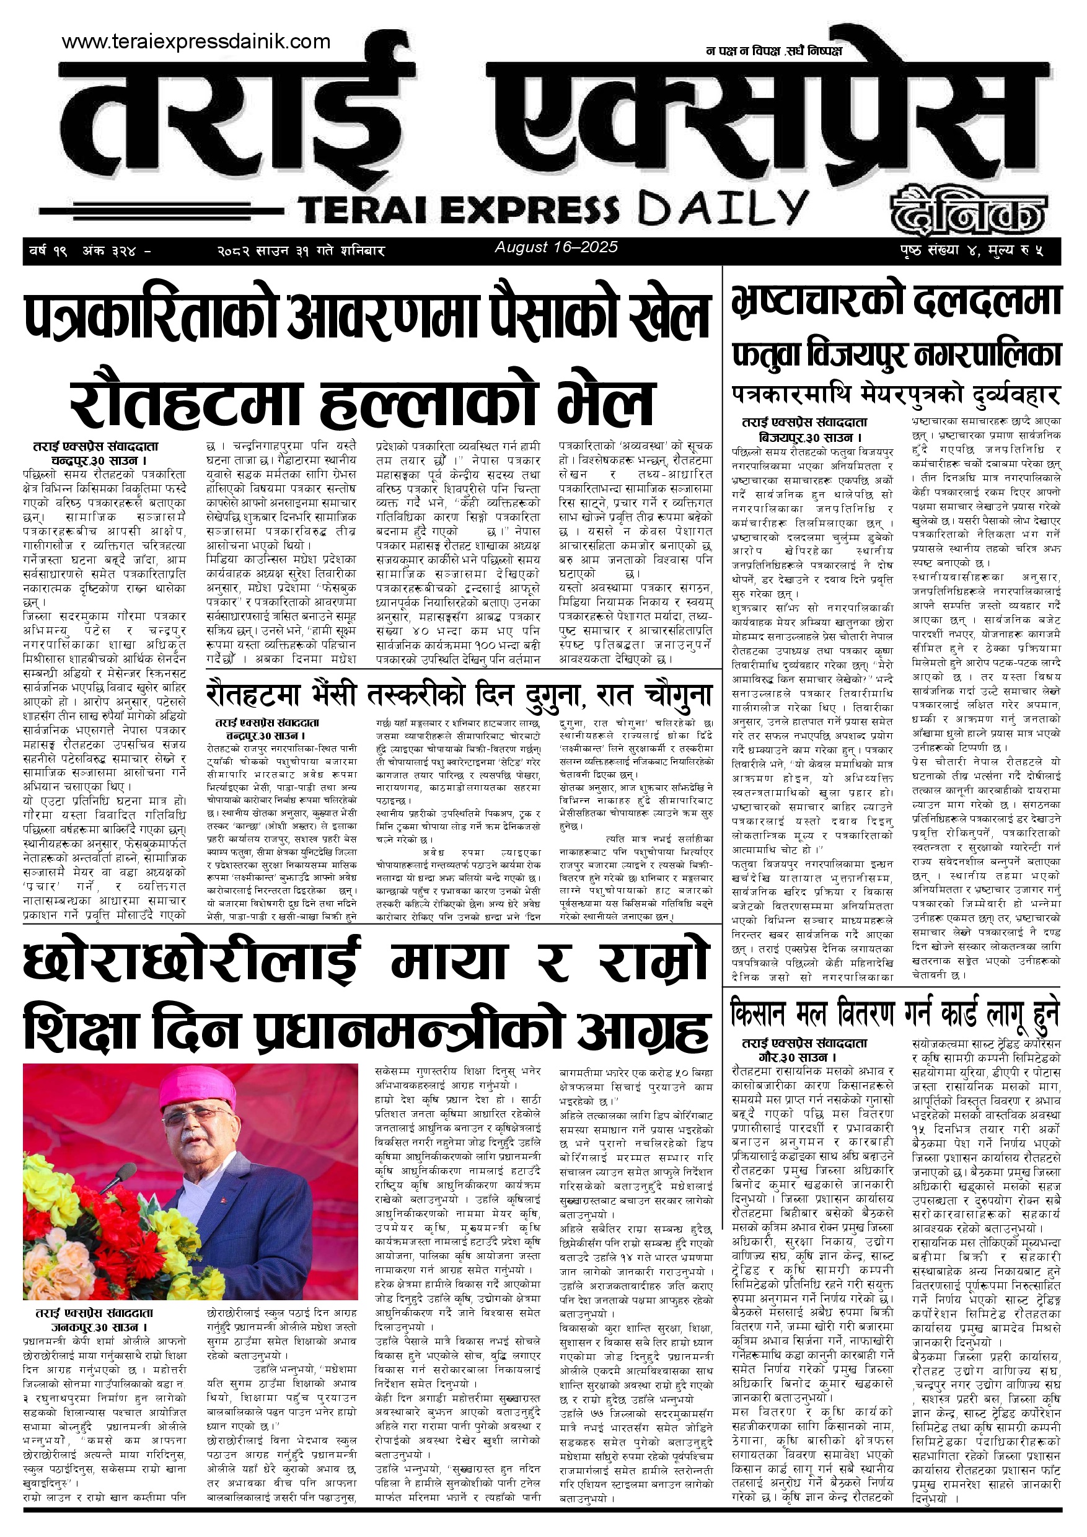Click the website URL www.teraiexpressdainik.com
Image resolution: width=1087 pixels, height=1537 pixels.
195,42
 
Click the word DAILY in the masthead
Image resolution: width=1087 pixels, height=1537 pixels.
722,208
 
